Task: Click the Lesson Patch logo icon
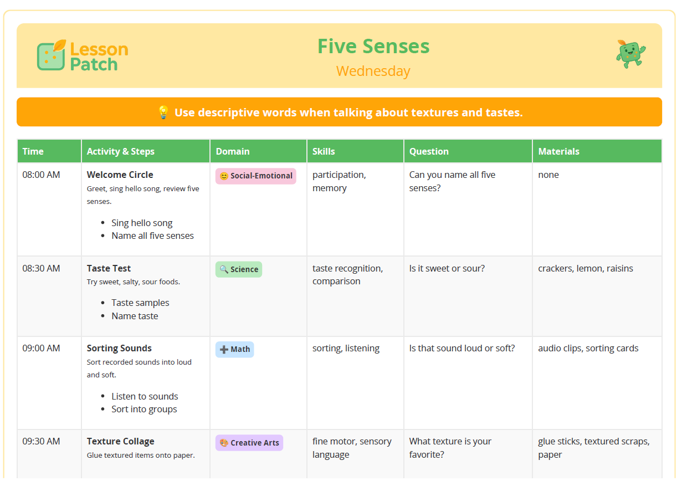point(52,55)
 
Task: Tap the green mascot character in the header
point(630,54)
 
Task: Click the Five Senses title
point(373,46)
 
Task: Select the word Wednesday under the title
point(373,71)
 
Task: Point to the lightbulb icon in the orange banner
point(163,112)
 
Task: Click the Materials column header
point(558,151)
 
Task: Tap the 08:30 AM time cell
point(41,268)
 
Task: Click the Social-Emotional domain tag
point(255,176)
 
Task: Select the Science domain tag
point(239,269)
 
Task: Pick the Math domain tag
point(235,350)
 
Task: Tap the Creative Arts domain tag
point(249,443)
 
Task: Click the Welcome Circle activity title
point(120,175)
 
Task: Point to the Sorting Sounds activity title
point(119,348)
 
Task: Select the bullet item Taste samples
point(140,303)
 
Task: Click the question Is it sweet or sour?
point(447,268)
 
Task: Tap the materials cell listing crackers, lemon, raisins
point(585,268)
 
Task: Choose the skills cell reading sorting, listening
point(346,348)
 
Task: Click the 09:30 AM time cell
point(41,441)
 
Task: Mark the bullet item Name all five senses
point(152,236)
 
